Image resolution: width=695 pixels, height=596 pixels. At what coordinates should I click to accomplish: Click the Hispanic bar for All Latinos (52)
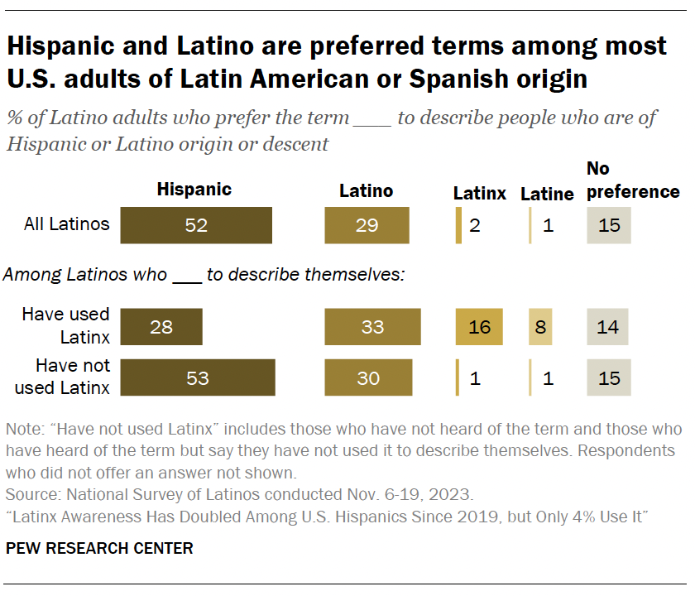click(196, 225)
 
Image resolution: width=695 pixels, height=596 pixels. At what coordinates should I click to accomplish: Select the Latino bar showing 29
click(367, 225)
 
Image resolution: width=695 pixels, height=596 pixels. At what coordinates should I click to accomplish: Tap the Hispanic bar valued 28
click(161, 327)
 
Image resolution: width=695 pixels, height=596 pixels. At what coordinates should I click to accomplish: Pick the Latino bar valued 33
click(372, 327)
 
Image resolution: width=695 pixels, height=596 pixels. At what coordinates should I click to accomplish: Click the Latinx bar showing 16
click(479, 327)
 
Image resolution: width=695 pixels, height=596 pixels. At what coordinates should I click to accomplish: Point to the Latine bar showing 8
click(540, 327)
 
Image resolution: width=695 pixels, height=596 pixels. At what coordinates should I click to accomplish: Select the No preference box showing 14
click(608, 327)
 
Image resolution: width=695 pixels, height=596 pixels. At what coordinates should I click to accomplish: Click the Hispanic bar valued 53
click(198, 378)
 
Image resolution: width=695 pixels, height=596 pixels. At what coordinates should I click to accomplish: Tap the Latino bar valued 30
click(368, 378)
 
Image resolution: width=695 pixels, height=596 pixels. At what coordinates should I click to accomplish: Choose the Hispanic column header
click(194, 190)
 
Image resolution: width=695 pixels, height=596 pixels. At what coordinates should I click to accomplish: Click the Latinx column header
click(479, 194)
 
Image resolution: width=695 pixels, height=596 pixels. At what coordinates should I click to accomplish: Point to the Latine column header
click(547, 194)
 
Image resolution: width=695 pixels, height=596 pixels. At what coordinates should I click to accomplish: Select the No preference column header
click(633, 180)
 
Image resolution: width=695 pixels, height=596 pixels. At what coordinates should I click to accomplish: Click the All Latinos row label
click(66, 223)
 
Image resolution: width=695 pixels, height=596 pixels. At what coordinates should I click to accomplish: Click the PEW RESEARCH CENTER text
click(99, 548)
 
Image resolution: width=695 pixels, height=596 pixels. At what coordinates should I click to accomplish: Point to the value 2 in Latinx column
click(475, 225)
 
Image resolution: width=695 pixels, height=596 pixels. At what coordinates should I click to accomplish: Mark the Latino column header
click(367, 190)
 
